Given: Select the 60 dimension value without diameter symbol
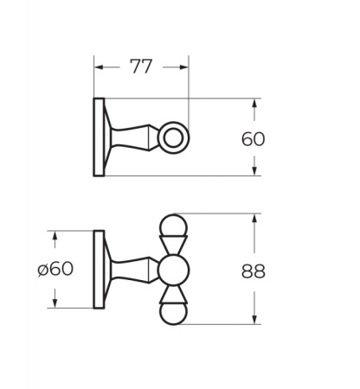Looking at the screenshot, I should pyautogui.click(x=253, y=138).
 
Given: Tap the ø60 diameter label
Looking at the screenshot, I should pyautogui.click(x=55, y=269).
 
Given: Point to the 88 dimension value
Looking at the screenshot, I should pyautogui.click(x=253, y=271).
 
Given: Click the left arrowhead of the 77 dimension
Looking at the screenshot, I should pyautogui.click(x=99, y=67).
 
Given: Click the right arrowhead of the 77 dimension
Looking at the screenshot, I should pyautogui.click(x=183, y=67).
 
